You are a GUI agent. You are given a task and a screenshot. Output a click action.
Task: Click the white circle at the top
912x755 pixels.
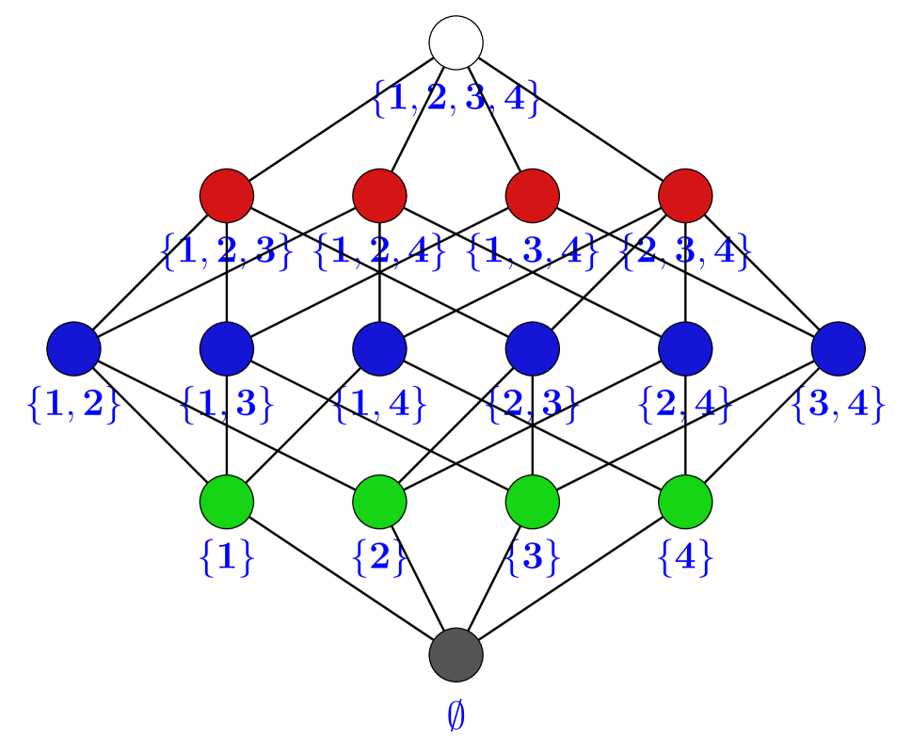456,42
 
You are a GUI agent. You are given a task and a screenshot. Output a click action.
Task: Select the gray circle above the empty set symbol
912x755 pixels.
456,654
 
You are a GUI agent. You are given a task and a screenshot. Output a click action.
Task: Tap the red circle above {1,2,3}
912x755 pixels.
227,196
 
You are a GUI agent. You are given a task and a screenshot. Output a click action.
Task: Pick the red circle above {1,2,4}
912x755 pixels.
379,196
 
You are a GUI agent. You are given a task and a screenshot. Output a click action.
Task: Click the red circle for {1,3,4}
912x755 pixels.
533,196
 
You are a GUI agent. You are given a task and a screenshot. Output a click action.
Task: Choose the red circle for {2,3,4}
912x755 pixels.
685,196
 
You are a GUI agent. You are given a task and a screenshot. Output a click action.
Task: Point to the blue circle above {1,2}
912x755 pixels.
74,348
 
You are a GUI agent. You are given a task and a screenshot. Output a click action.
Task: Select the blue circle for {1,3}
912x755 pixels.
227,348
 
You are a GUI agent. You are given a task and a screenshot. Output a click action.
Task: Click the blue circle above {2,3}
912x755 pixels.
533,348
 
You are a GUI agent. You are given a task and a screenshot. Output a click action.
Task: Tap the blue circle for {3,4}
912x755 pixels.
838,348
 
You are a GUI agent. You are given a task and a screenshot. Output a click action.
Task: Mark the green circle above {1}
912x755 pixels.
227,502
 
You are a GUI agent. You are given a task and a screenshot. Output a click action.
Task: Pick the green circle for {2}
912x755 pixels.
379,502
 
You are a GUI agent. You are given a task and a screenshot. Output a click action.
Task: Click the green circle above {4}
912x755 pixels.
685,502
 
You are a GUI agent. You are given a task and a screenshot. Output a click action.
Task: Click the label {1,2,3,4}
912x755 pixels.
456,98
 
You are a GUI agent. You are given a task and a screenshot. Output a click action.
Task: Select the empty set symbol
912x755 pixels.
456,716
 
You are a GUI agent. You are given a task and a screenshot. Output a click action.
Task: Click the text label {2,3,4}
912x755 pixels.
685,251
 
